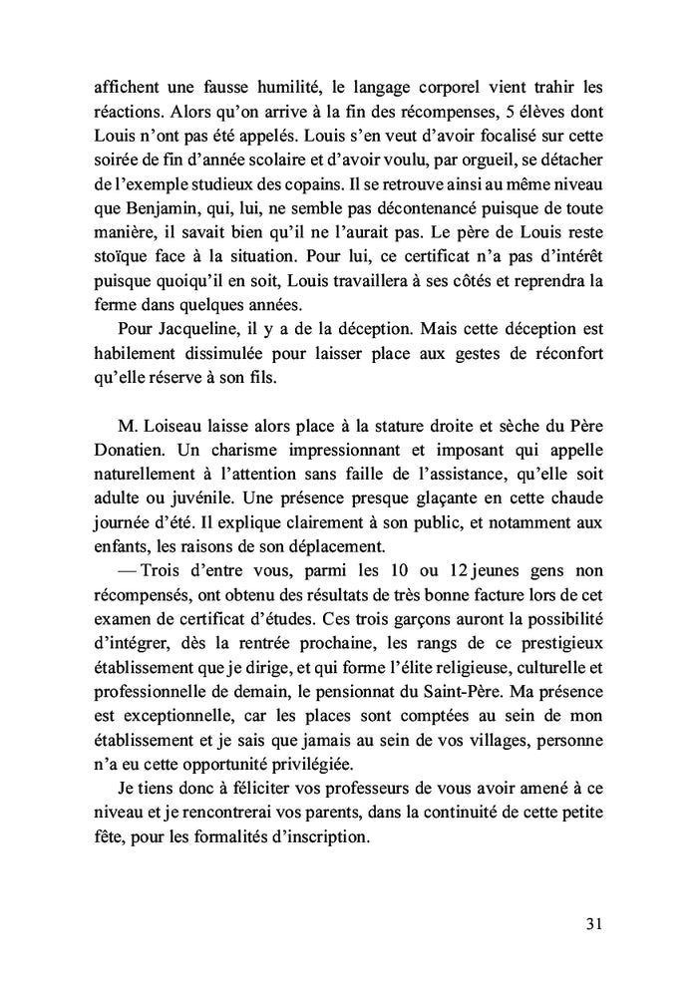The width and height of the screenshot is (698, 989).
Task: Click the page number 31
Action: point(594,922)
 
